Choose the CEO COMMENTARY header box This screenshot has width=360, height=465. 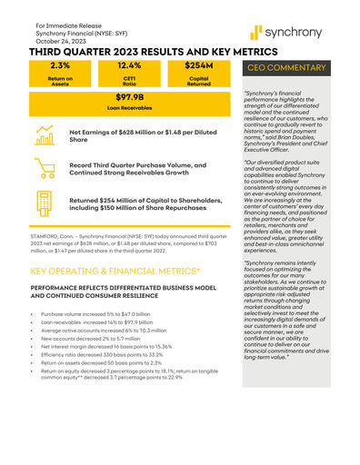tap(292, 68)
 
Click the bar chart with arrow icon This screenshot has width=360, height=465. tap(47, 137)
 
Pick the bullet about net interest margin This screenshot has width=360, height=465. tap(119, 346)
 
